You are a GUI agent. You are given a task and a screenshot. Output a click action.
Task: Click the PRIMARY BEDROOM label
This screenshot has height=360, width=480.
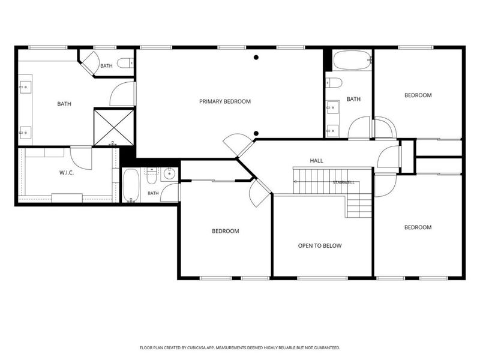pos(225,101)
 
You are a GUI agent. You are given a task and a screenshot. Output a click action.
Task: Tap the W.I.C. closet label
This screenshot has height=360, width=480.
pos(67,173)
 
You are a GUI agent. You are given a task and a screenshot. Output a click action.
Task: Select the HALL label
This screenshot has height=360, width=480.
pos(316,160)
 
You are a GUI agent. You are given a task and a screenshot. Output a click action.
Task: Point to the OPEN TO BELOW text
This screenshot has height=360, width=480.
pos(320,245)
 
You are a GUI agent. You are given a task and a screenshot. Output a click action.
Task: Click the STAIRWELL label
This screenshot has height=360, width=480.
pos(343,182)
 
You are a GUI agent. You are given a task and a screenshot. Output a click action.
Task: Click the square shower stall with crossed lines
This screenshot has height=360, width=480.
pos(114,127)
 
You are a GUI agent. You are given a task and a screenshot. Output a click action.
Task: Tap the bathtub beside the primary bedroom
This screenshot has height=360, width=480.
pos(352,61)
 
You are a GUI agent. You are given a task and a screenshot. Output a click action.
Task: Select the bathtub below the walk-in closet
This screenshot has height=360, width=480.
pos(131,185)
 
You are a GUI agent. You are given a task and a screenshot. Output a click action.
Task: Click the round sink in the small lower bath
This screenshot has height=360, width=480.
pos(169,174)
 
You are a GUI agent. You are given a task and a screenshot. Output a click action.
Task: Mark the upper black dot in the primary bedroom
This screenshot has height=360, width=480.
pos(256,57)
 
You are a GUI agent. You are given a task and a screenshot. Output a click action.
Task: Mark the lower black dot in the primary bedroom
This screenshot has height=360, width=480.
pos(256,133)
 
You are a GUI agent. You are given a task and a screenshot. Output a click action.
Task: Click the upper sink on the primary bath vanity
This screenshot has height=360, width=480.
pos(25,87)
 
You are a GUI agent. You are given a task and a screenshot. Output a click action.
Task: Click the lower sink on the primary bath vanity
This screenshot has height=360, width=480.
pos(25,132)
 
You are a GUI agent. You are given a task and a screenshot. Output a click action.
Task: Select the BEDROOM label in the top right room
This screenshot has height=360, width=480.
pos(418,95)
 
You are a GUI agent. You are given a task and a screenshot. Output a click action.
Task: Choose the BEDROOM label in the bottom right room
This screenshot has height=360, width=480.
pos(418,227)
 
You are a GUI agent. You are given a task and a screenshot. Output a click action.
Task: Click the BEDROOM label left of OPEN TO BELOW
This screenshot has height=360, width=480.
pos(226,231)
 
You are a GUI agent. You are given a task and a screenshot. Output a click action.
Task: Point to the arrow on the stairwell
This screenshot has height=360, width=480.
pos(296,182)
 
